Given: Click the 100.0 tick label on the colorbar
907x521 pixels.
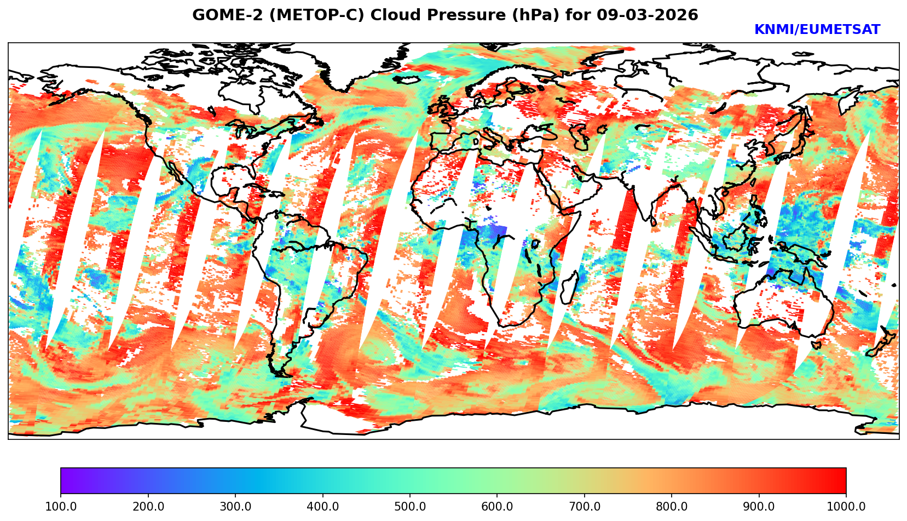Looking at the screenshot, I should click(61, 507).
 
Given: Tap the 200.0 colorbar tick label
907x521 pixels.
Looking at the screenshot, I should click(148, 507).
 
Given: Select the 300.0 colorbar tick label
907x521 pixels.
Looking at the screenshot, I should click(235, 507).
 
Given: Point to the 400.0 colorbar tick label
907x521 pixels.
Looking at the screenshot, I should click(322, 507).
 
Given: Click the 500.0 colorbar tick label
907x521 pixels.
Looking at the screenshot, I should click(410, 507).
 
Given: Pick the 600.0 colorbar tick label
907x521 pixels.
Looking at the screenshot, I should click(497, 507).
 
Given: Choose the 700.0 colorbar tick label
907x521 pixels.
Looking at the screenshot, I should click(585, 507).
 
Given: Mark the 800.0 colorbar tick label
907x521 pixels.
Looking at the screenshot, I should click(672, 507).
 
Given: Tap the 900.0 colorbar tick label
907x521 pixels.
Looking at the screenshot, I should click(759, 507).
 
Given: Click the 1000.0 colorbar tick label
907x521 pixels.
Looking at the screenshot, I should click(846, 507).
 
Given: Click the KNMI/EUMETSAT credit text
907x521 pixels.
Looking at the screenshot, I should click(817, 30).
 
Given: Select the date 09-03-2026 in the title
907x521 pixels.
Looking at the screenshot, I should click(647, 15).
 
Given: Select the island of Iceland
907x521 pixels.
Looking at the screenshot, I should click(408, 80).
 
